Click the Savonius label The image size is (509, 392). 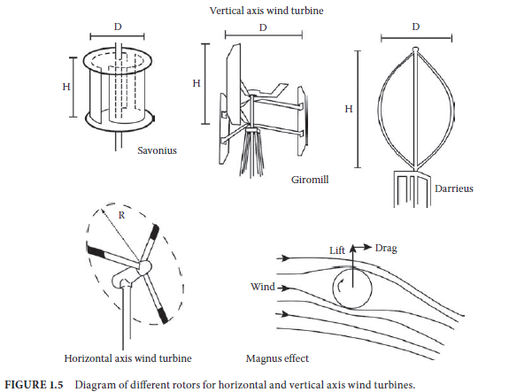157,150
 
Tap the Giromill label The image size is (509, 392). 310,180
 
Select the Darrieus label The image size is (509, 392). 454,188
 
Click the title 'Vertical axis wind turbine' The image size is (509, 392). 266,11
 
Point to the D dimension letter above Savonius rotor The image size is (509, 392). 118,27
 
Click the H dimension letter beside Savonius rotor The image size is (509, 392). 66,87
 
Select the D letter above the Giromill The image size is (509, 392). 263,27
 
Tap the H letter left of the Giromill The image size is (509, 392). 197,83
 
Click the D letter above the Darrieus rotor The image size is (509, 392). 416,27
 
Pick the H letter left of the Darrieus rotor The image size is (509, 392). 349,109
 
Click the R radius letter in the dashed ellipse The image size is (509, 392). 121,215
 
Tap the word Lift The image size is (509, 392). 337,250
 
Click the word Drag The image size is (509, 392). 386,249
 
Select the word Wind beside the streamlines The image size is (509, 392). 263,287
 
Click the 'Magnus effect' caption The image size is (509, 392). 277,358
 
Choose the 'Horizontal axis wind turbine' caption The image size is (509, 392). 127,358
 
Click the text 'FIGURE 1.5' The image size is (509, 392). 34,385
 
